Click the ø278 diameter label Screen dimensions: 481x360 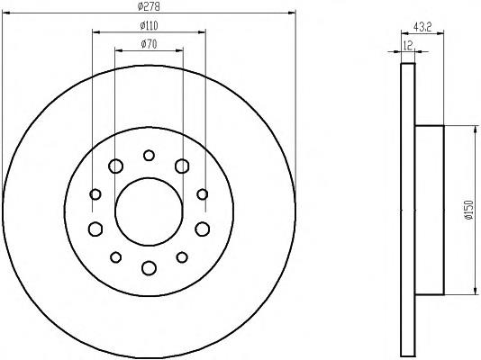(149, 6)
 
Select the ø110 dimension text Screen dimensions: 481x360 (149, 25)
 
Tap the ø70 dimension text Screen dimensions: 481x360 (149, 44)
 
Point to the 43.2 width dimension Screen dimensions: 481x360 (422, 27)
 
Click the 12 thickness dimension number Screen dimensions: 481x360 (408, 45)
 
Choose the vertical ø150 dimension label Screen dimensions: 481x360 (468, 210)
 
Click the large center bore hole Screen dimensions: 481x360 (150, 211)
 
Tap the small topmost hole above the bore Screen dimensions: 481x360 (150, 156)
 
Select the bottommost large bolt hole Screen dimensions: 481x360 (150, 268)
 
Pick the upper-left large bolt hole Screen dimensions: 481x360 (115, 166)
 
